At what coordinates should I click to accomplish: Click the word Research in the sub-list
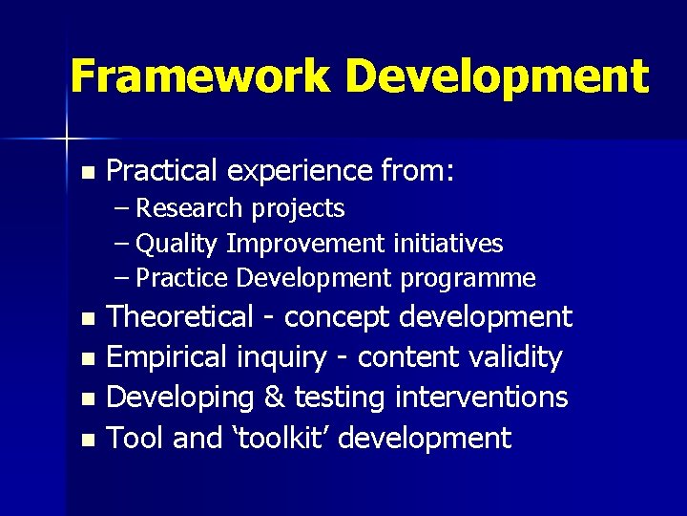point(189,208)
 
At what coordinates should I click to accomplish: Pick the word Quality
point(177,244)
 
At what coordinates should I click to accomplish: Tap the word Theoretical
point(180,316)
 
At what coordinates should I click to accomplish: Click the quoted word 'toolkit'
point(282,439)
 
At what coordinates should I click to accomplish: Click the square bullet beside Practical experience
point(88,173)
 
